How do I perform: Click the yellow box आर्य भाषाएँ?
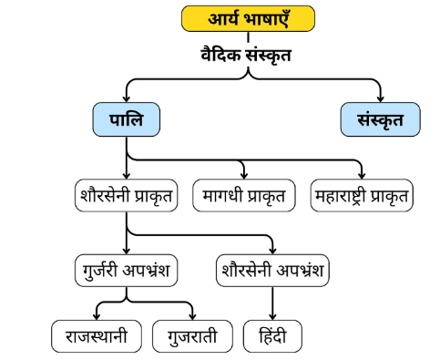[x=248, y=18]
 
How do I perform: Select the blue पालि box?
[x=126, y=119]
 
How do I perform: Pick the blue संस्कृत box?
[x=381, y=119]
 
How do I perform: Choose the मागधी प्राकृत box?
[x=244, y=195]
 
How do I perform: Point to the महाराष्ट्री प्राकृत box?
[x=362, y=195]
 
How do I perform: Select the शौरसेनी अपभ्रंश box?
[x=273, y=271]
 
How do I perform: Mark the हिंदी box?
[x=272, y=337]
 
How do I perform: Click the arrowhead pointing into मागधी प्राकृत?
[x=244, y=176]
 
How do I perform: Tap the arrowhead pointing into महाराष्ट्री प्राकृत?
[x=362, y=176]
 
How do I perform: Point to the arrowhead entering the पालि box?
[x=126, y=99]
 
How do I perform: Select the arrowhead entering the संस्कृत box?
[x=381, y=99]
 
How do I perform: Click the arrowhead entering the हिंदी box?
[x=272, y=318]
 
